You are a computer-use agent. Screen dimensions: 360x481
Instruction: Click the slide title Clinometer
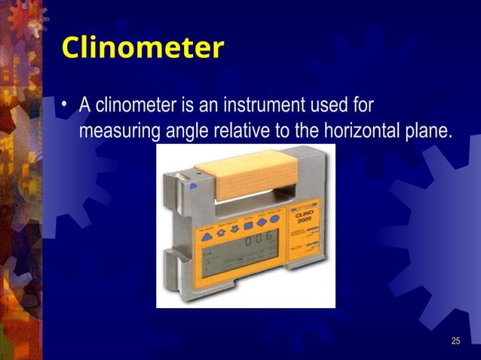pos(142,48)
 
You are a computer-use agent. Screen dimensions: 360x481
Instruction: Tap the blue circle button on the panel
pos(275,220)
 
